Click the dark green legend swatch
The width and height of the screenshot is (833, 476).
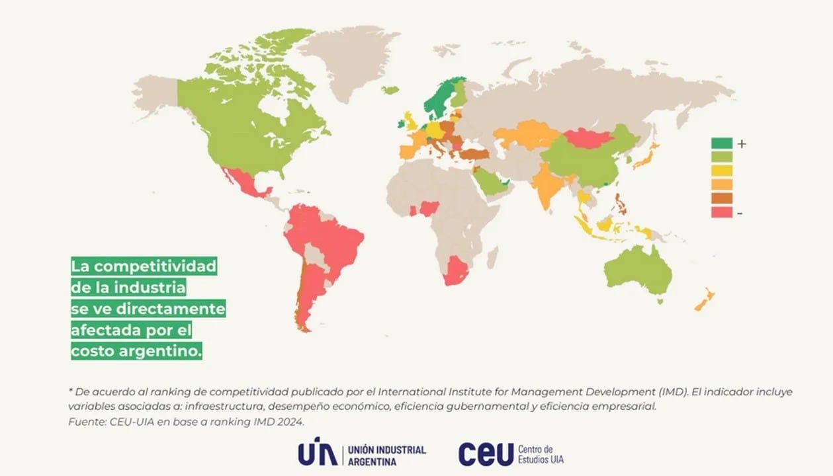[x=722, y=143]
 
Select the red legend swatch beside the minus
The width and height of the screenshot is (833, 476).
[x=722, y=212]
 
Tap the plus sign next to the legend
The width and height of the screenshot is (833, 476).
[x=742, y=143]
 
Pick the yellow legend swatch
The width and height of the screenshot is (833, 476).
[x=722, y=171]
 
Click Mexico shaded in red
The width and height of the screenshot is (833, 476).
[x=245, y=182]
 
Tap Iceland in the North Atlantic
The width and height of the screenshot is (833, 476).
[x=390, y=89]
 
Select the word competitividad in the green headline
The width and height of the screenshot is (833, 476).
[x=153, y=266]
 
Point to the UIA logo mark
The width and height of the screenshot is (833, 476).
[x=317, y=453]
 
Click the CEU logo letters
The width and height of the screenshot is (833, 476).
[x=486, y=454]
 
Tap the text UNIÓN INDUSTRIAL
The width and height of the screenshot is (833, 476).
[x=387, y=450]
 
